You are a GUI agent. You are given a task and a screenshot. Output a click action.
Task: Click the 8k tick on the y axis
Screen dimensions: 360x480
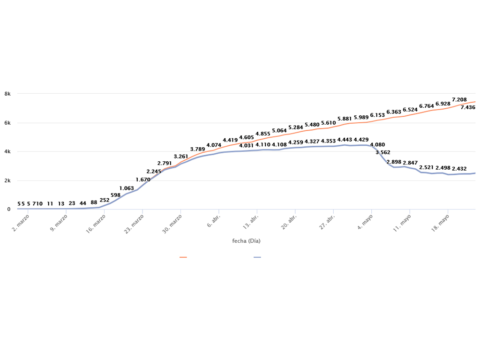(7, 94)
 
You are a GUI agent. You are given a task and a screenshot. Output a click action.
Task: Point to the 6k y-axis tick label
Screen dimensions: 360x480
(7, 123)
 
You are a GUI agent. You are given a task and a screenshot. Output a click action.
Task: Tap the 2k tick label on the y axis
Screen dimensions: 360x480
(7, 180)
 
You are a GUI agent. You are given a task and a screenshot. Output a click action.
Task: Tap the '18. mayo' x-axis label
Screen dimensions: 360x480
(439, 221)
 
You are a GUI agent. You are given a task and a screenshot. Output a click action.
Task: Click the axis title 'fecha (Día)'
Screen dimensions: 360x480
(246, 241)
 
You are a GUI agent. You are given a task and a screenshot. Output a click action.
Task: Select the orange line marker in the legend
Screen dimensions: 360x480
(183, 257)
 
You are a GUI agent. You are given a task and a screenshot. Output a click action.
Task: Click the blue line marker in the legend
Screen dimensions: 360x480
(257, 257)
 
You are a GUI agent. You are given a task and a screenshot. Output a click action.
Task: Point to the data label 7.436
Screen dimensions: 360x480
(468, 108)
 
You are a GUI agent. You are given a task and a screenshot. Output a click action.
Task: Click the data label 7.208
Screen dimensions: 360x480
(459, 100)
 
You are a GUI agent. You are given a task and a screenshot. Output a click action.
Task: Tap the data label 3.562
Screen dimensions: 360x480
(383, 153)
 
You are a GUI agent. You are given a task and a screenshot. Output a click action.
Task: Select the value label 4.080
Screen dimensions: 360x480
(377, 145)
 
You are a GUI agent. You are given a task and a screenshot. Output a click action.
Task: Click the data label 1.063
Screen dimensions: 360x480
(127, 189)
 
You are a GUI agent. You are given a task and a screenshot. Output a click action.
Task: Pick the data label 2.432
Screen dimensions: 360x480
(459, 169)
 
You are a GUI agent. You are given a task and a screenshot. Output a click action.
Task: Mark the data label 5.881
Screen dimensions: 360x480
(345, 119)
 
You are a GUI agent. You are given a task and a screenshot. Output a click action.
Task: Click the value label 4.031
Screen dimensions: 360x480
(247, 146)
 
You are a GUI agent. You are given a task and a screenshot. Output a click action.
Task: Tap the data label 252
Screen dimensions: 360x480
(105, 201)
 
